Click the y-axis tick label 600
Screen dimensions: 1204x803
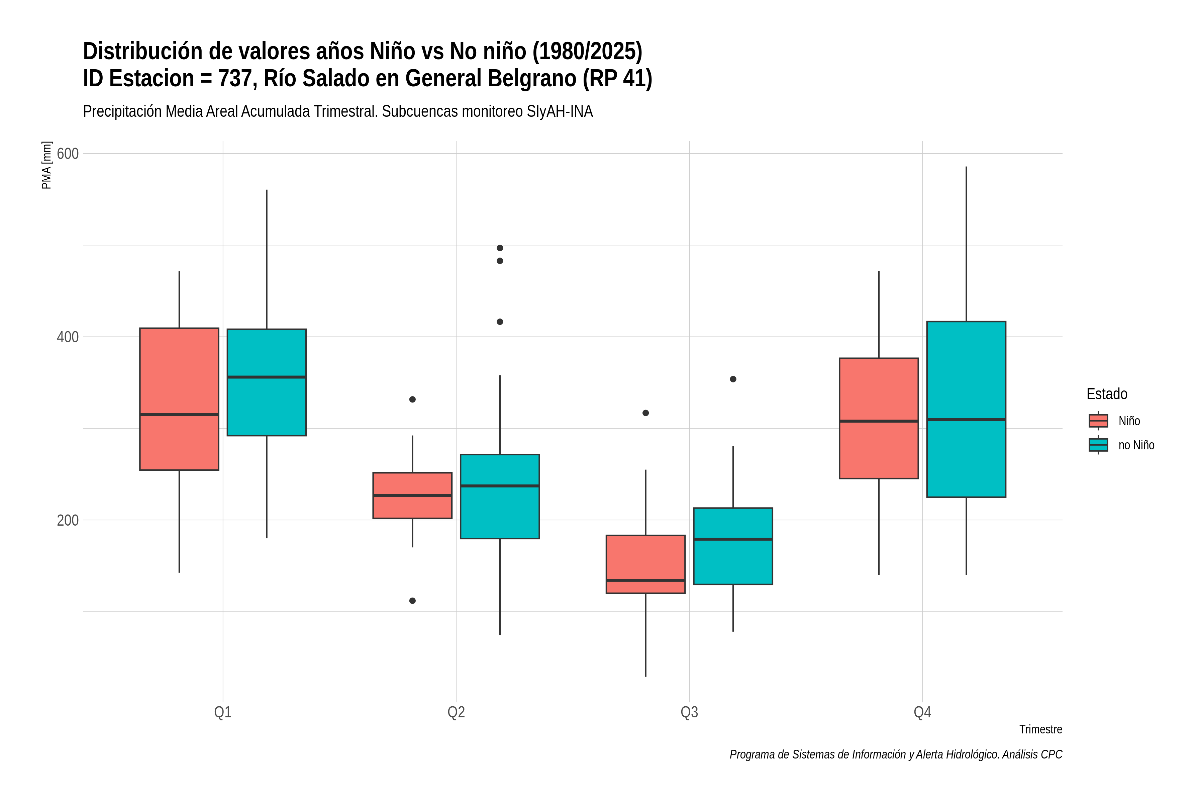pyautogui.click(x=68, y=154)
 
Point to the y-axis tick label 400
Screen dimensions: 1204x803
pyautogui.click(x=68, y=337)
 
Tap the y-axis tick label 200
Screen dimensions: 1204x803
pyautogui.click(x=68, y=520)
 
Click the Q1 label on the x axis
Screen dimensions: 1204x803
pyautogui.click(x=223, y=712)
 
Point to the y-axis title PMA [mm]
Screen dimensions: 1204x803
pyautogui.click(x=46, y=165)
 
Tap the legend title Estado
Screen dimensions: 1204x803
pyautogui.click(x=1107, y=394)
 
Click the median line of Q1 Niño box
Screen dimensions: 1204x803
pyautogui.click(x=179, y=415)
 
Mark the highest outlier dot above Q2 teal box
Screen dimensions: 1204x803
pyautogui.click(x=500, y=248)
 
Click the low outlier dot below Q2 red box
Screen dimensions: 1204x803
pyautogui.click(x=413, y=601)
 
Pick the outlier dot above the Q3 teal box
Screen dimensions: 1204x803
pyautogui.click(x=733, y=379)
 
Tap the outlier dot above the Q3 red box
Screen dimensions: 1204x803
pyautogui.click(x=645, y=413)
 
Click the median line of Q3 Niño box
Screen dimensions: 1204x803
pyautogui.click(x=645, y=580)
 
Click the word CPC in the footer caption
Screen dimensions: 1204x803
pyautogui.click(x=1051, y=755)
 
